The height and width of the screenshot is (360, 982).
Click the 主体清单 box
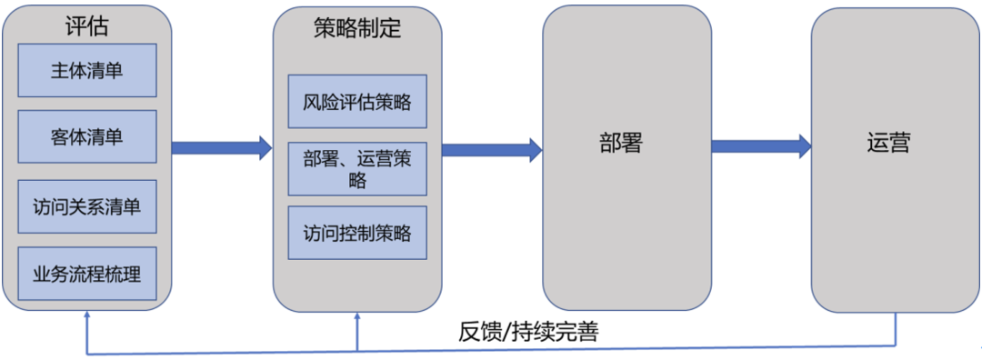[x=87, y=71]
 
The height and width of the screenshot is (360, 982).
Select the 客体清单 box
[x=87, y=138]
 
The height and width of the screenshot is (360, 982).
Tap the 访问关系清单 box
[x=87, y=206]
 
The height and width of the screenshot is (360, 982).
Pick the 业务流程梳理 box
[x=87, y=274]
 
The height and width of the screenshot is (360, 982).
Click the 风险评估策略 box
[x=357, y=101]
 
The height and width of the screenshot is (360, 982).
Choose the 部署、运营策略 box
[x=357, y=168]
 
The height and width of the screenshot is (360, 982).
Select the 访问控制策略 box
[x=357, y=234]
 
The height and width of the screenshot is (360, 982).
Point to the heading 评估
[x=86, y=26]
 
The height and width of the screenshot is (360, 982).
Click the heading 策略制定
[x=357, y=28]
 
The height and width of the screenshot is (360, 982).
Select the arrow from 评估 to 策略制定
[x=222, y=147]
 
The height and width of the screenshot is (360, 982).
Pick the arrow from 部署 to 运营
[x=761, y=145]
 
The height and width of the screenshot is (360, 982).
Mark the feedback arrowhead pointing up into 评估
[x=86, y=315]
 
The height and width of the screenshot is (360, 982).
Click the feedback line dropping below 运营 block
[x=896, y=329]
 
